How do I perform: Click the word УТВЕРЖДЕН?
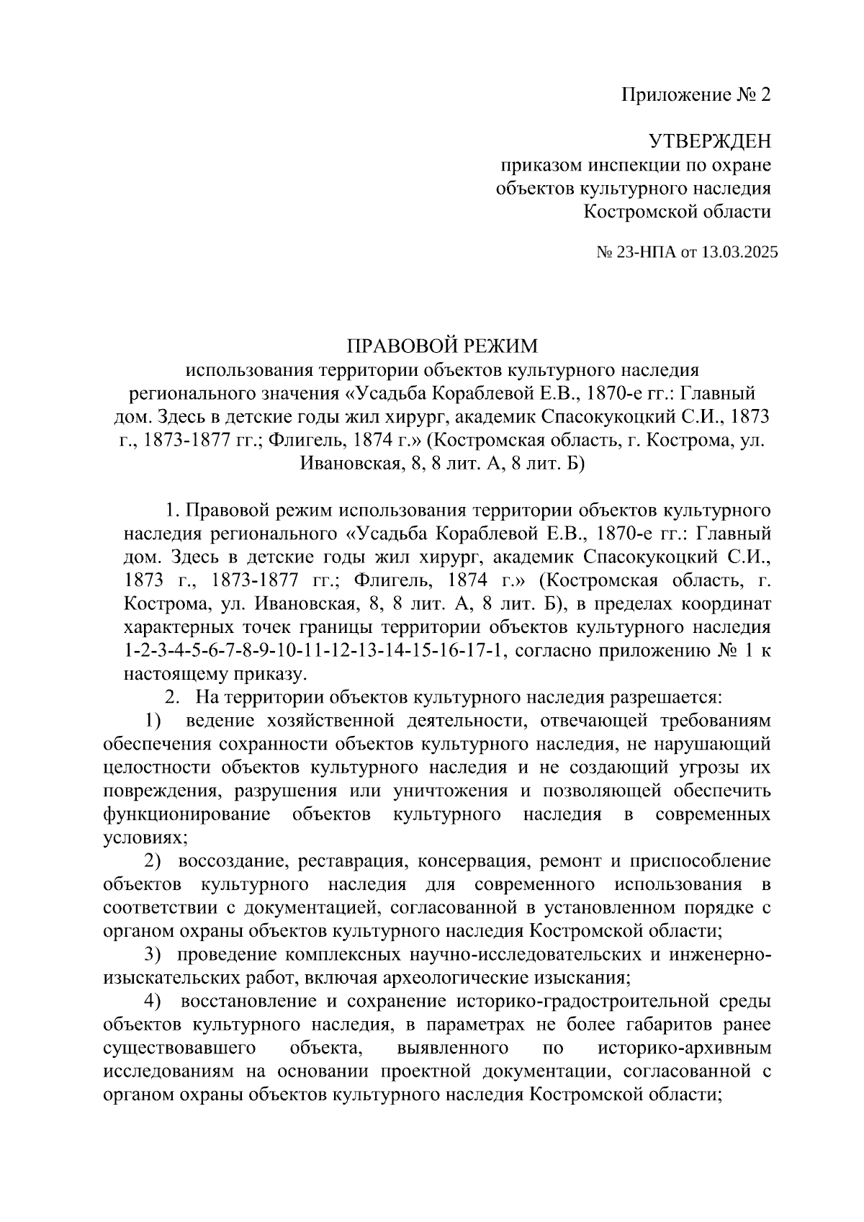[x=708, y=141]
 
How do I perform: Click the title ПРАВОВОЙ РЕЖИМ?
[x=442, y=346]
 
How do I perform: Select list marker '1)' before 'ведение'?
[x=153, y=720]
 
